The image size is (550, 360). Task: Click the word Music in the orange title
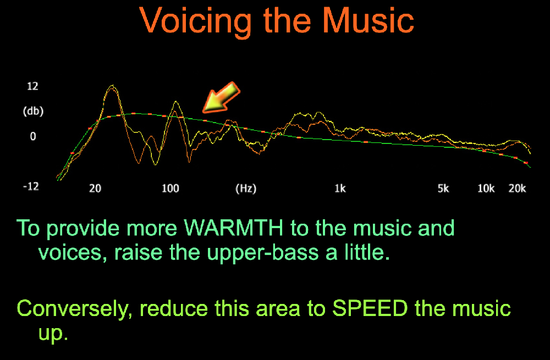(x=368, y=20)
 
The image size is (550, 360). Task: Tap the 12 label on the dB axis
(x=32, y=86)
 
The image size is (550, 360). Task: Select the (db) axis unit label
(x=34, y=112)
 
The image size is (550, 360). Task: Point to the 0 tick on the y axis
(x=33, y=136)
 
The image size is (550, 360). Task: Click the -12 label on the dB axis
(x=31, y=186)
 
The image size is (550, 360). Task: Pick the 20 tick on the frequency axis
(x=95, y=189)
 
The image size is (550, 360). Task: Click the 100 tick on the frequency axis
(x=170, y=189)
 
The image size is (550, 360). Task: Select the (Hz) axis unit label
(x=246, y=189)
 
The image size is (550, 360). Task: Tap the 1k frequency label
(x=340, y=189)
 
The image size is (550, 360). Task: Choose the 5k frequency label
(x=443, y=189)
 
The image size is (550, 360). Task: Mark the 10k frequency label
(x=486, y=189)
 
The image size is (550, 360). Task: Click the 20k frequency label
(x=518, y=189)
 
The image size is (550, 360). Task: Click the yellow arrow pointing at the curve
(x=221, y=98)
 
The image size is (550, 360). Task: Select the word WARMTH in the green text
(x=234, y=228)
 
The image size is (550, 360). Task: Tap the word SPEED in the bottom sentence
(x=370, y=308)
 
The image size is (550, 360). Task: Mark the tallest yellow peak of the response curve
(x=112, y=85)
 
